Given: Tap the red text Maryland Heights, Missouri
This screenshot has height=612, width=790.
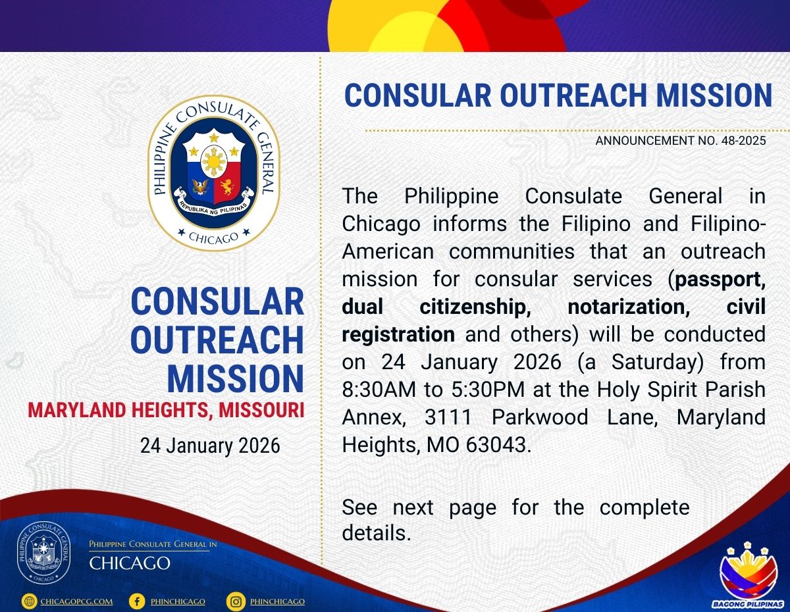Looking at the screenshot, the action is coord(166,410).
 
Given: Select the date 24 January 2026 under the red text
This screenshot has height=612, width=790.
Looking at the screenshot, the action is coord(210,446).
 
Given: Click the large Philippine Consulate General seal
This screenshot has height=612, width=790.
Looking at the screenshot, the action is coord(213,173).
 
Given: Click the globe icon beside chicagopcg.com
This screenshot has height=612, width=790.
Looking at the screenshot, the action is coord(29,601).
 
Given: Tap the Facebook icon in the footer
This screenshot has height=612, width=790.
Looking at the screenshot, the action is coord(137,601).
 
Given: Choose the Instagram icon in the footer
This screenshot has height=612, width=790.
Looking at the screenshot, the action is coord(236,601).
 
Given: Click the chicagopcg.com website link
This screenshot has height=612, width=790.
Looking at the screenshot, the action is coord(76,601).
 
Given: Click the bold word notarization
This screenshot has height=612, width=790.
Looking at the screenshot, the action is coord(629,307).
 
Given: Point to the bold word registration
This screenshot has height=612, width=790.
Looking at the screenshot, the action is coord(398,335).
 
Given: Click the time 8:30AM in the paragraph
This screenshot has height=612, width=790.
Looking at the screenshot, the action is coord(379,390).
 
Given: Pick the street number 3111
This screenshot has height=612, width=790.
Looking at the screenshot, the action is coord(448,417).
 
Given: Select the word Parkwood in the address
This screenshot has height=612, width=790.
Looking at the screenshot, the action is coord(540,417).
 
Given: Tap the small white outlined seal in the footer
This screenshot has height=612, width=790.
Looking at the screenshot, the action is coord(43,554).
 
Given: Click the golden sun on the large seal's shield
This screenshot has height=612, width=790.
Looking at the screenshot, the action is coord(214,161).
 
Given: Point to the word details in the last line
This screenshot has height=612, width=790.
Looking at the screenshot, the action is coord(377,534).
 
